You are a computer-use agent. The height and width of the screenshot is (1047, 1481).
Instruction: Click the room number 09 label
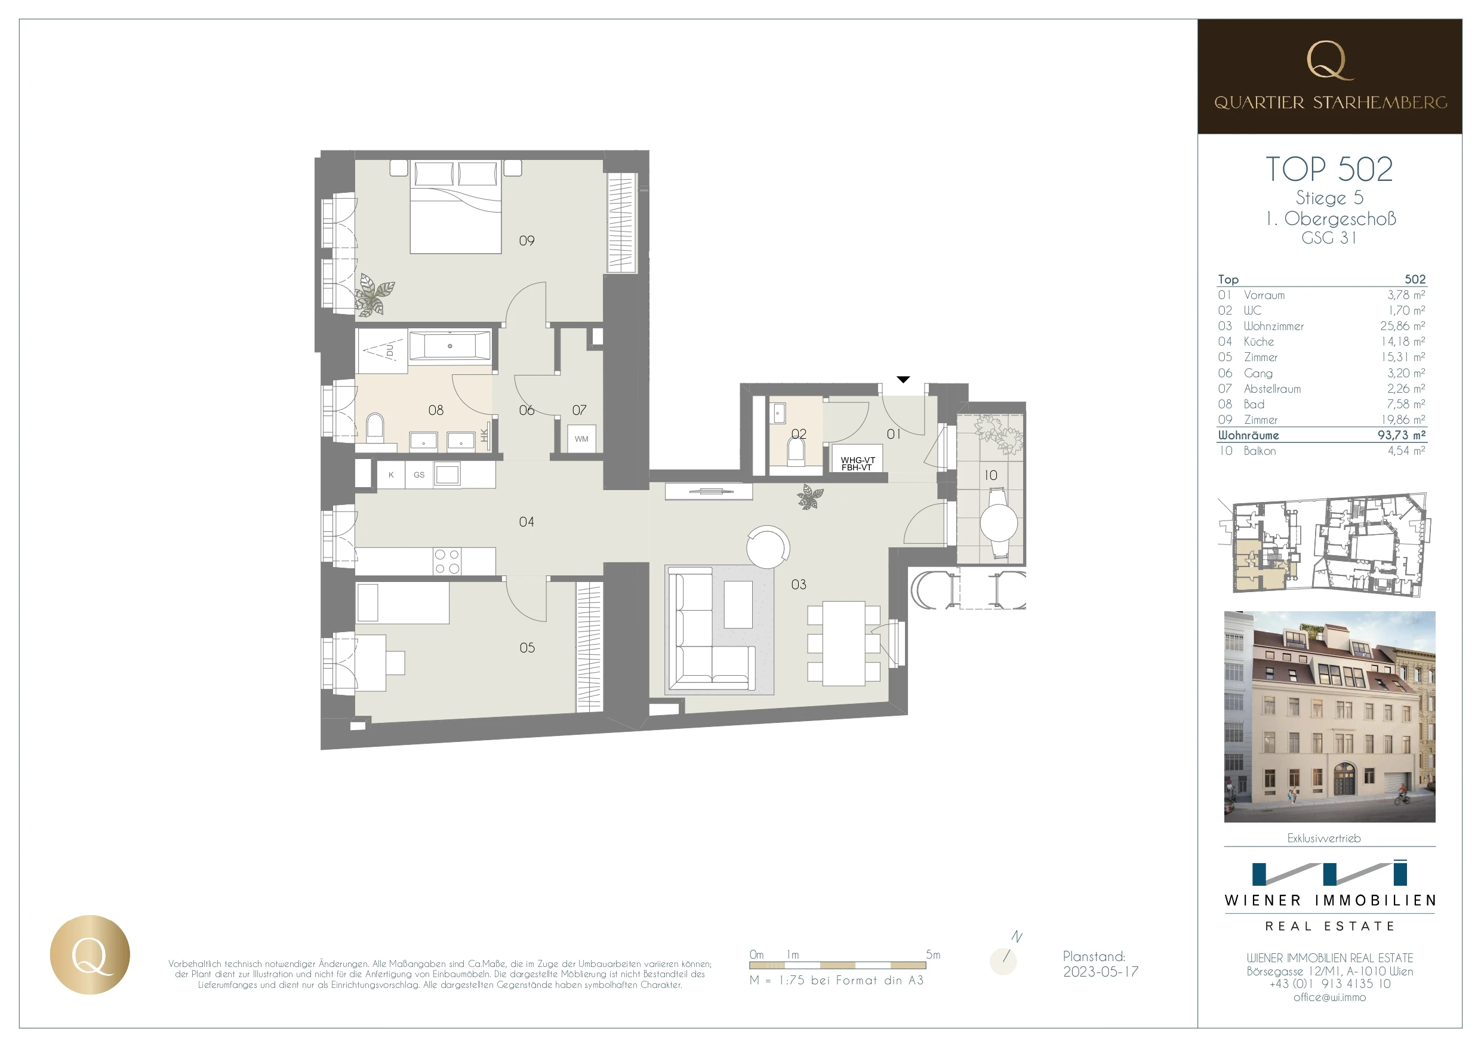[526, 241]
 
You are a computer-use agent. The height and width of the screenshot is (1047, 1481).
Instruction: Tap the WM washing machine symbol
[581, 439]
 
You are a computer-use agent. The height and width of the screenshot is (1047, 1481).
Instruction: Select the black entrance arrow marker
[903, 379]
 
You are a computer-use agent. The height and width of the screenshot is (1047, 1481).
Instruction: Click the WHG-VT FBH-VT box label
[857, 463]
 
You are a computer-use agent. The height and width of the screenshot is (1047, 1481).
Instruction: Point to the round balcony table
[999, 522]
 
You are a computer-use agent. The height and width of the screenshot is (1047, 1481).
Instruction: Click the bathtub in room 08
[449, 346]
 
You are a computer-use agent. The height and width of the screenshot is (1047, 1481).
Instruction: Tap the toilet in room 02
[798, 449]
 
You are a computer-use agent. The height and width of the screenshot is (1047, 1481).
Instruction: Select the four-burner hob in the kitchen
[447, 561]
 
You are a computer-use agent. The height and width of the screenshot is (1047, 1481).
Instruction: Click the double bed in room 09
[455, 207]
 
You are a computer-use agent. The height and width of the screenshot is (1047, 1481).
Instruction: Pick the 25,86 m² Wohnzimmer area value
[1402, 326]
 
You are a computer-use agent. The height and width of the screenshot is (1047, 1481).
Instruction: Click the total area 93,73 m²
[1401, 435]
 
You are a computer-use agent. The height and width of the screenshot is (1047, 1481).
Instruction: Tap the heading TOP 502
[1329, 169]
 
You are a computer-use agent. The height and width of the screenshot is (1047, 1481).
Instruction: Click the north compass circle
[1003, 961]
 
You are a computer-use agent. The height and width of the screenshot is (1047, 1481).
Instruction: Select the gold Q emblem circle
[90, 954]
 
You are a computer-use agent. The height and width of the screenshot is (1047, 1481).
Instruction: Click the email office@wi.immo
[1329, 997]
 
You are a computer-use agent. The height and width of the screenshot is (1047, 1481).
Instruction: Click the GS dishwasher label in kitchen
[418, 475]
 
